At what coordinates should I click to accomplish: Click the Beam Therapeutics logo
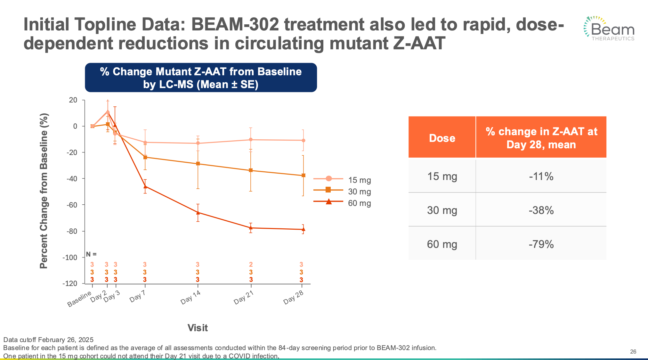click(x=609, y=29)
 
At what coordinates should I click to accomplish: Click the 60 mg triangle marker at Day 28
click(x=303, y=229)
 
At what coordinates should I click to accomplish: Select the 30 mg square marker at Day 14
click(x=198, y=164)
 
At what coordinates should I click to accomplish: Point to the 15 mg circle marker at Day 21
click(x=251, y=140)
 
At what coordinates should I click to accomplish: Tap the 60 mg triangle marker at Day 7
click(x=145, y=186)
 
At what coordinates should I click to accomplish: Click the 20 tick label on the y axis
click(x=73, y=100)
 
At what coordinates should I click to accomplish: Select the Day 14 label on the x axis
click(x=190, y=297)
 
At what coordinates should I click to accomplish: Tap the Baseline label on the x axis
click(x=79, y=299)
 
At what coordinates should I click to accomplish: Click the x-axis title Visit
click(x=198, y=328)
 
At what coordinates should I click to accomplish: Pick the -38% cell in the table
click(x=541, y=210)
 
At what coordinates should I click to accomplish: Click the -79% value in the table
click(x=541, y=244)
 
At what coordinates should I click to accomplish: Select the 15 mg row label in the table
click(x=442, y=176)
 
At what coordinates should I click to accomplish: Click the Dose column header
click(x=442, y=138)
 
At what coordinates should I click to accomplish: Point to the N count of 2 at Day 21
click(x=251, y=265)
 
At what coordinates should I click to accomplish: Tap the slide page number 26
click(x=633, y=352)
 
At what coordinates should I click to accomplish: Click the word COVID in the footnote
click(x=239, y=356)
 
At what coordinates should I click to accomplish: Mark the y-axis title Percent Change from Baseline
click(x=44, y=191)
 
